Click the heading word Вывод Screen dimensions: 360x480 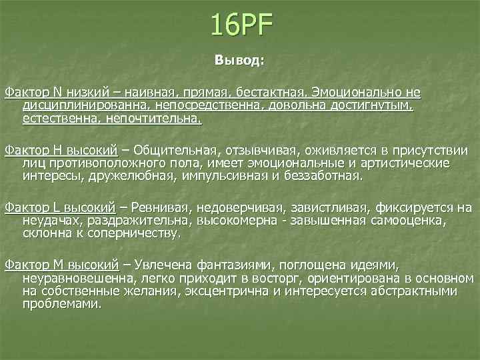click(x=239, y=60)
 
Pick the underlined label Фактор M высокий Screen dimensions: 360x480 click(x=61, y=265)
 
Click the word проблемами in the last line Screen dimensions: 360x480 click(x=61, y=304)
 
